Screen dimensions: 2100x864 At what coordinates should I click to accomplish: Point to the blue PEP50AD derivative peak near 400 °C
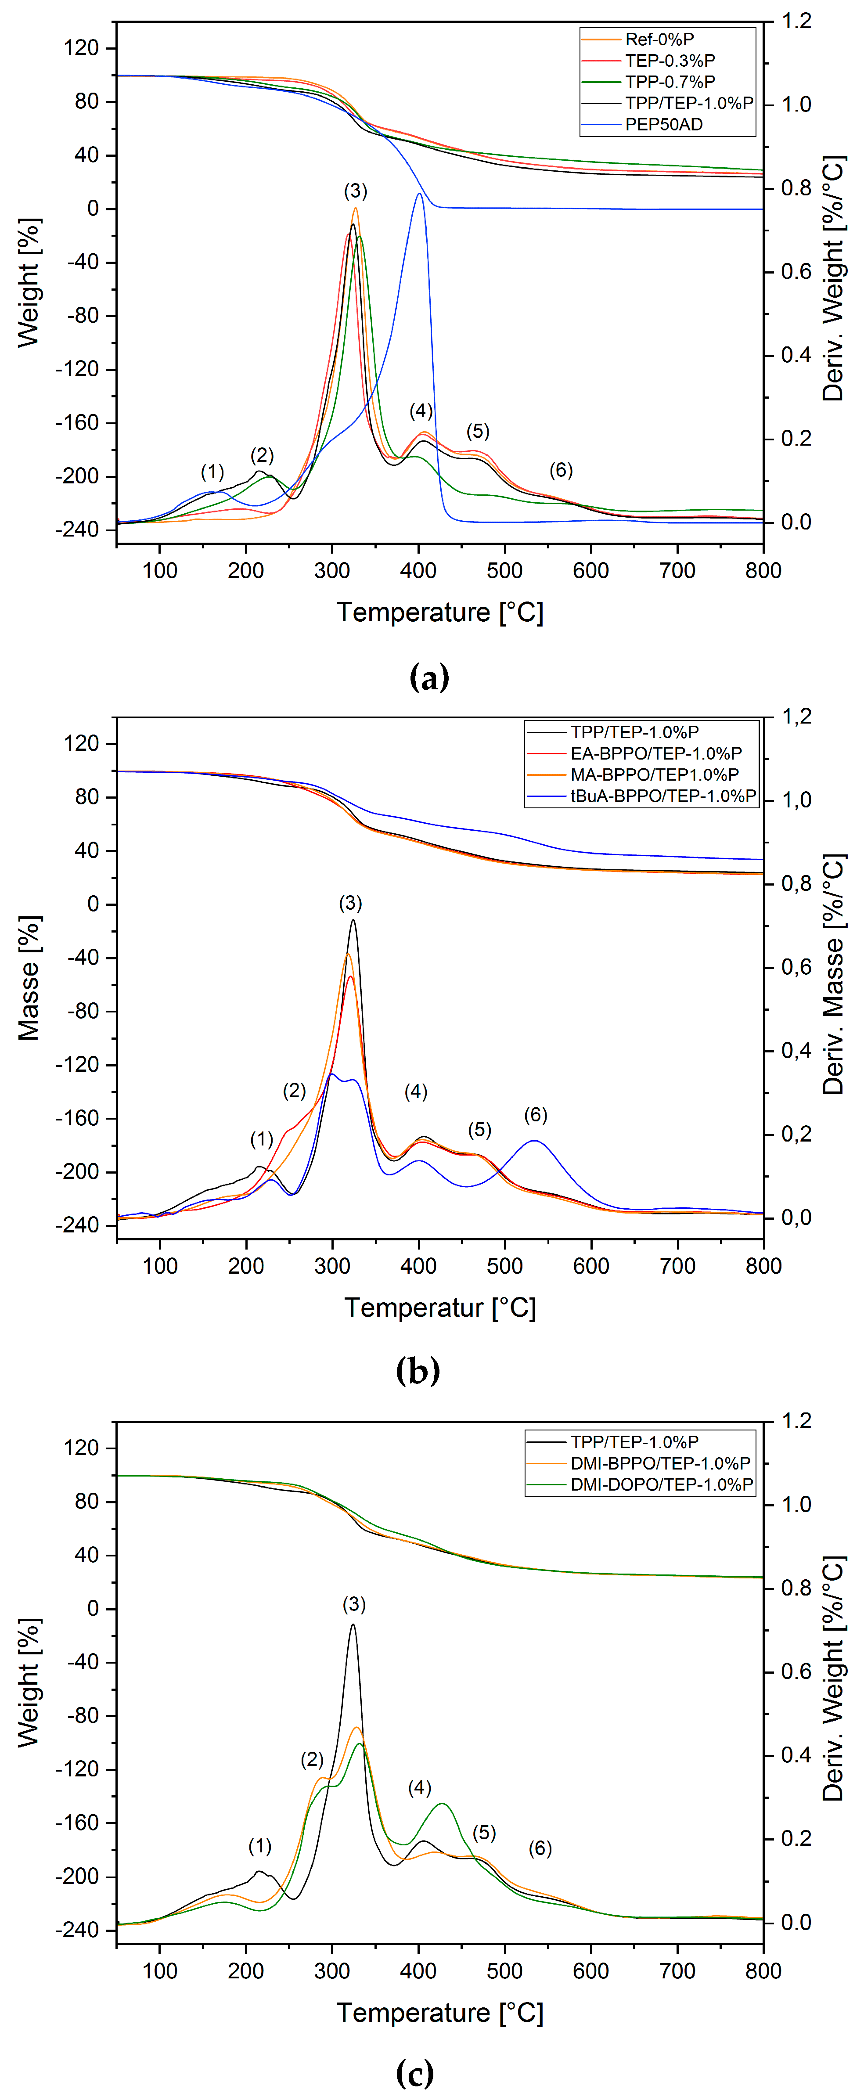419,194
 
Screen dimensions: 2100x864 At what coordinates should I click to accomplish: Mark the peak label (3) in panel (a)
355,191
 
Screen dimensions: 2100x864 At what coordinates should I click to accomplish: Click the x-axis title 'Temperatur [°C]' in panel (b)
440,1308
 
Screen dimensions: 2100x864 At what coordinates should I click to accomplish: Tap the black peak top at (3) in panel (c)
353,1625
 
